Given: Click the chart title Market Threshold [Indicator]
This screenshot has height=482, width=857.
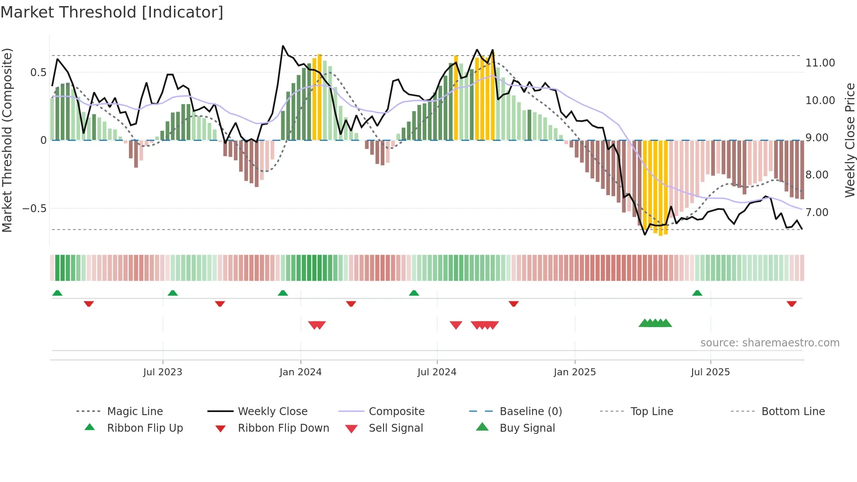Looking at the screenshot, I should (x=112, y=12).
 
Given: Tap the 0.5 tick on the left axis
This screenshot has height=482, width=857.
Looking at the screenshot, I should (x=38, y=73).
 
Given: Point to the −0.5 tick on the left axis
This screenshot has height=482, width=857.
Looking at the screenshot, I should (x=35, y=209).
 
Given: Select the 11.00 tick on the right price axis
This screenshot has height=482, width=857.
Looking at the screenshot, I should (x=820, y=63).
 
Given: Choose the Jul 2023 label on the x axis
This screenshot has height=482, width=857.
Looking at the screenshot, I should (x=163, y=372).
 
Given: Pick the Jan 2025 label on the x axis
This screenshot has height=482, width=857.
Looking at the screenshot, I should (x=575, y=372).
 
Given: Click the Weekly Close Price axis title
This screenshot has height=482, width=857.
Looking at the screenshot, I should (x=850, y=140).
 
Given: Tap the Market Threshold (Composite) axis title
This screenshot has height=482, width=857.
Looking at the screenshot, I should (x=7, y=140).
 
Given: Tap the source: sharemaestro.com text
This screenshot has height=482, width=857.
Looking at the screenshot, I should (x=770, y=343).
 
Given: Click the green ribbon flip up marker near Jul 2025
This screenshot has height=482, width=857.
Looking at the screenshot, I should (x=697, y=293).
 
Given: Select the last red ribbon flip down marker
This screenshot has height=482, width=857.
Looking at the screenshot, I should (x=791, y=304).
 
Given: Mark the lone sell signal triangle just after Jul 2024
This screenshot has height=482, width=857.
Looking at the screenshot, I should (x=456, y=325).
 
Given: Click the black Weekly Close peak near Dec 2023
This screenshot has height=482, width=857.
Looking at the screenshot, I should (x=283, y=46).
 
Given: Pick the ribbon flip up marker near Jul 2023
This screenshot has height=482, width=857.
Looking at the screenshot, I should (x=173, y=293).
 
